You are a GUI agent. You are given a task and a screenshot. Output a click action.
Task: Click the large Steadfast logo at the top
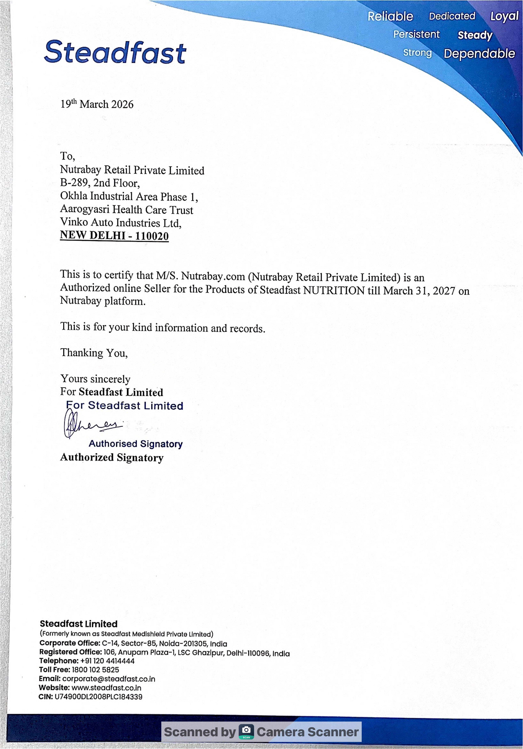pos(115,52)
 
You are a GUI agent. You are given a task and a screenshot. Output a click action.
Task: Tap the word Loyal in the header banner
pos(504,16)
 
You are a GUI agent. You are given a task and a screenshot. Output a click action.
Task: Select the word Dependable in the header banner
pos(479,54)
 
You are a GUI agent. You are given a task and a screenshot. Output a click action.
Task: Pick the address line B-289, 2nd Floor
pos(100,183)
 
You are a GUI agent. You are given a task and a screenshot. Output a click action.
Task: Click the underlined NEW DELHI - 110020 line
pos(114,235)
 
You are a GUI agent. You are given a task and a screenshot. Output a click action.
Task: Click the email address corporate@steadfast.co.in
pos(109,679)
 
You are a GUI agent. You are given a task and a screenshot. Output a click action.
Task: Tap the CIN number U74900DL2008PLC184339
pos(98,697)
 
